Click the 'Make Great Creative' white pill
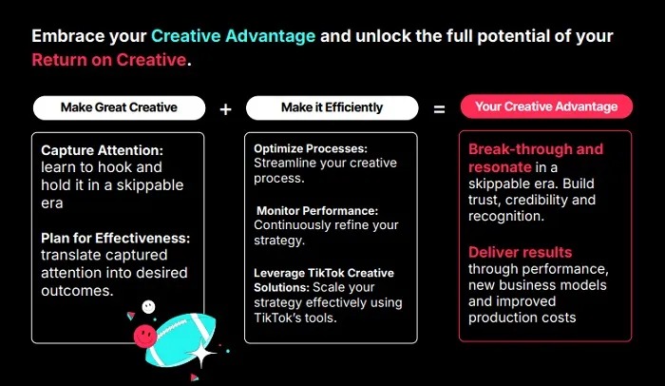pyautogui.click(x=119, y=107)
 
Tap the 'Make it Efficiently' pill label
pyautogui.click(x=332, y=107)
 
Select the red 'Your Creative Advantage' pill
pyautogui.click(x=546, y=106)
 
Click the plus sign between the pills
pyautogui.click(x=226, y=109)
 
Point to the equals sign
pyautogui.click(x=439, y=109)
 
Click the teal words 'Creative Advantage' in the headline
pyautogui.click(x=234, y=36)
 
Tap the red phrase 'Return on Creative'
pyautogui.click(x=109, y=60)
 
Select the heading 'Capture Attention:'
pyautogui.click(x=102, y=150)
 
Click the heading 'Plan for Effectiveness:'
pyautogui.click(x=115, y=239)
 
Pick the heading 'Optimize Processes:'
pyautogui.click(x=311, y=148)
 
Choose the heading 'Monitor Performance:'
pyautogui.click(x=317, y=211)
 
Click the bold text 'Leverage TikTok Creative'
pyautogui.click(x=324, y=273)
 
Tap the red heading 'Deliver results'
pyautogui.click(x=520, y=252)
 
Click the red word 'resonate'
pyautogui.click(x=500, y=167)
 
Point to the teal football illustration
pyautogui.click(x=181, y=338)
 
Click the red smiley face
pyautogui.click(x=145, y=337)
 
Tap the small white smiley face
pyautogui.click(x=148, y=306)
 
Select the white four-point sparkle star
pyautogui.click(x=201, y=354)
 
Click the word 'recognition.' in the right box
pyautogui.click(x=506, y=216)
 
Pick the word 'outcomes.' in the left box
pyautogui.click(x=77, y=291)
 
